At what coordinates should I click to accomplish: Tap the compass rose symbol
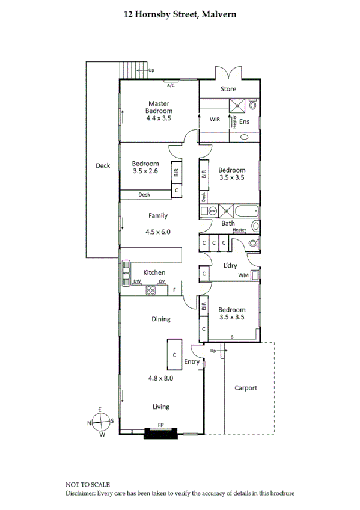click(100, 422)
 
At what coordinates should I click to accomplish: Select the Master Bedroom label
click(159, 107)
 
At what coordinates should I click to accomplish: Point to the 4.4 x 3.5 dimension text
click(159, 118)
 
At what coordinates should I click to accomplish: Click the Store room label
click(228, 89)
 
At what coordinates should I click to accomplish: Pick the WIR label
click(215, 120)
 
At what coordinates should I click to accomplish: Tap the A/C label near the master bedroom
click(171, 85)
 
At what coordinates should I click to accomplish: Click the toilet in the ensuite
click(253, 105)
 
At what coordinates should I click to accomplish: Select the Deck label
click(103, 166)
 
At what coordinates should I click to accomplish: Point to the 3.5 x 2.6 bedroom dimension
click(145, 171)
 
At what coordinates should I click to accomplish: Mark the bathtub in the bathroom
click(246, 210)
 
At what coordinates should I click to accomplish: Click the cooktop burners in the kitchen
click(151, 290)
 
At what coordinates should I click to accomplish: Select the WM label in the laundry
click(243, 275)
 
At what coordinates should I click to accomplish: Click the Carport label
click(246, 388)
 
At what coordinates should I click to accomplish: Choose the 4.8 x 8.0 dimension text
click(160, 379)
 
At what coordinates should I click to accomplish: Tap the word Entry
click(192, 362)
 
